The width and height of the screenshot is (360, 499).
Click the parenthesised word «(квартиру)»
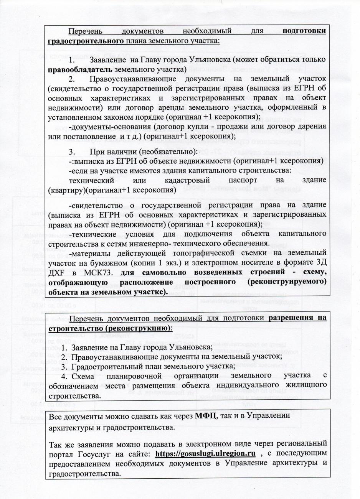(x=66, y=189)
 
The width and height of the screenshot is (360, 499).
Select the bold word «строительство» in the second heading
(x=73, y=328)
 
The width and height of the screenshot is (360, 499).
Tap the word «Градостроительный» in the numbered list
(x=100, y=367)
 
